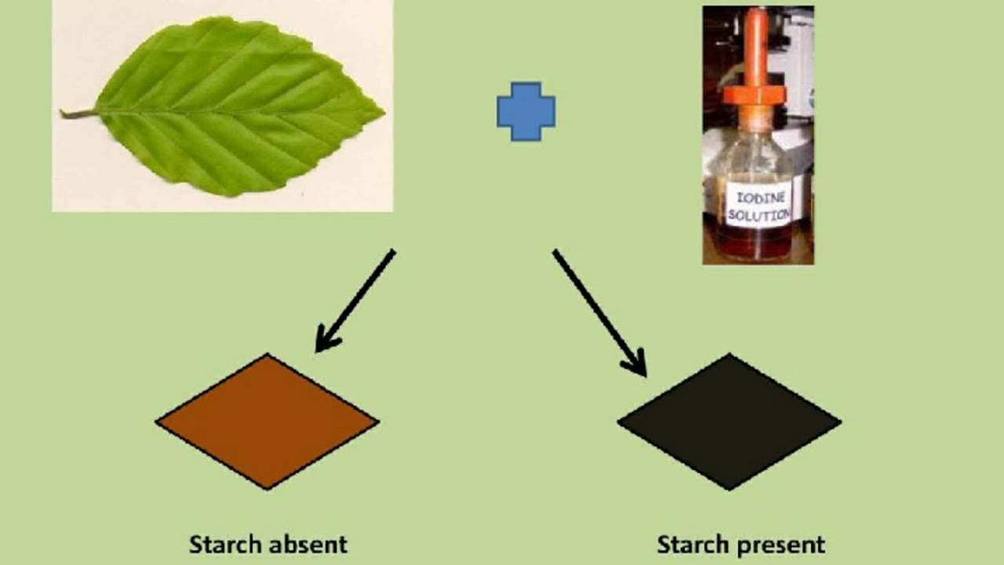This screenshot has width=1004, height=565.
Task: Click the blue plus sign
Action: [x=526, y=111]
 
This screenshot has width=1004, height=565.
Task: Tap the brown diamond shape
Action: [x=267, y=421]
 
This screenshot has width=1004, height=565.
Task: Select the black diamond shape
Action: [x=729, y=421]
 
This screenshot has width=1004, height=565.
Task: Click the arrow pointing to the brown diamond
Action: [x=357, y=298]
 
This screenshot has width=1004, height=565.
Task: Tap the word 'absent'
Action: [x=308, y=544]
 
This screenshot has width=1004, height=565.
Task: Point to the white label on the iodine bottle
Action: [x=758, y=205]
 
